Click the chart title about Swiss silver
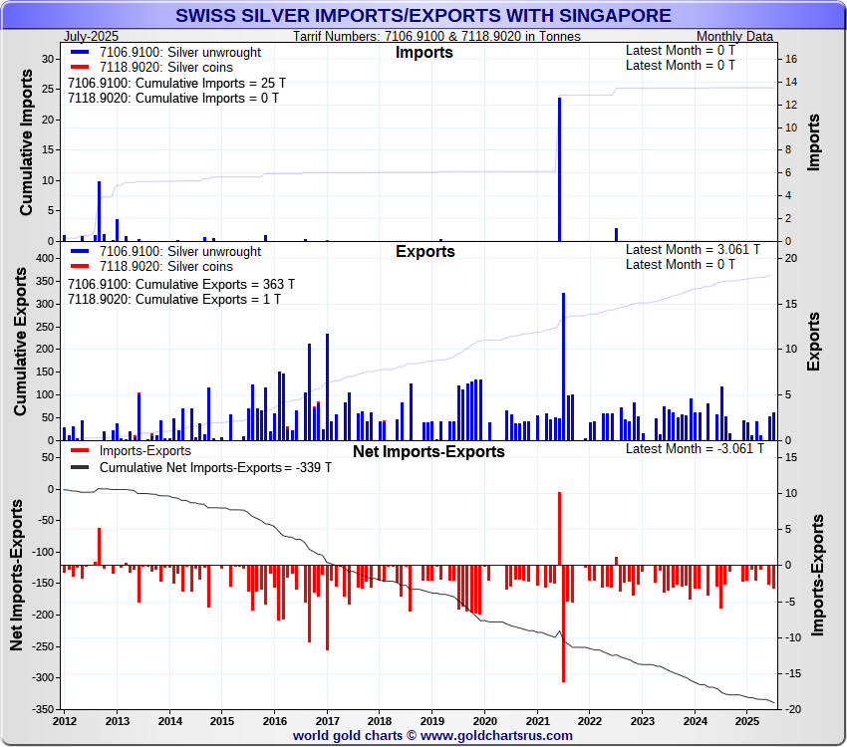(423, 16)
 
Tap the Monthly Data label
(734, 36)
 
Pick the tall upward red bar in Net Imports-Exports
(559, 528)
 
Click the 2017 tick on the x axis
(327, 720)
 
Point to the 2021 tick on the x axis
(537, 720)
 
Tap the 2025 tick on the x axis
(747, 720)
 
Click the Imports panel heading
(424, 52)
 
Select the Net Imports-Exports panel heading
(428, 451)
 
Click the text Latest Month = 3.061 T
(693, 249)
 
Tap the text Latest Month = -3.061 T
(695, 448)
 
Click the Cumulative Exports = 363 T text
(173, 284)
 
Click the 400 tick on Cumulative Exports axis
(43, 258)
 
